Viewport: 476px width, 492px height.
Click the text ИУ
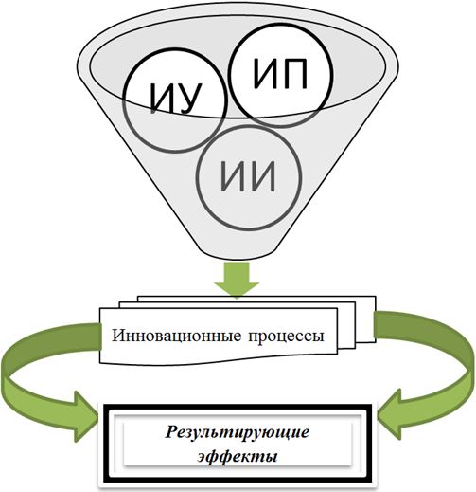(x=176, y=99)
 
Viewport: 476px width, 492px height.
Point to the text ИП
(x=280, y=74)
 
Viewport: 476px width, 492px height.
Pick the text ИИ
(x=248, y=176)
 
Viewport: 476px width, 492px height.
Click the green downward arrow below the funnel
(x=237, y=280)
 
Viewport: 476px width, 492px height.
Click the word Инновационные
(x=177, y=336)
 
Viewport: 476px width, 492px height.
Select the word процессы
(x=286, y=337)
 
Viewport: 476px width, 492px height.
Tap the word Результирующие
(x=237, y=432)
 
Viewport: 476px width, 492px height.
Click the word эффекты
(x=238, y=457)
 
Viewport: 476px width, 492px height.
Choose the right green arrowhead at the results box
(x=390, y=415)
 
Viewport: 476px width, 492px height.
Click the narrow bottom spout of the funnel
(x=237, y=251)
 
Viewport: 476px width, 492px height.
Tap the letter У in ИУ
(x=189, y=99)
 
